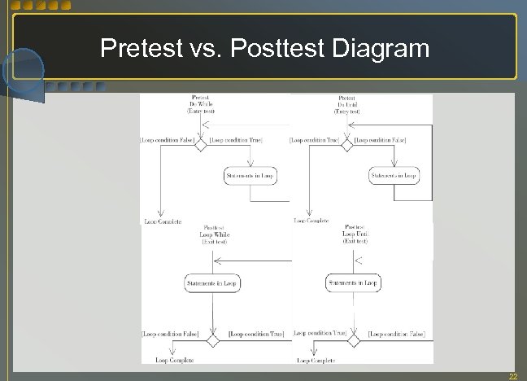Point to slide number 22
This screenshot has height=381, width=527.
coord(512,375)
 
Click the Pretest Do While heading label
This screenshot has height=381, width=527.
coord(200,104)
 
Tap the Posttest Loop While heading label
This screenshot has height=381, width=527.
coord(213,234)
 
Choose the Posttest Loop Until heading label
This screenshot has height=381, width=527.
coord(355,234)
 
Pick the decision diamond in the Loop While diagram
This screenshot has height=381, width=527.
coord(213,339)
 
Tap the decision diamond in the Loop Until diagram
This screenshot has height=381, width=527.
coord(355,339)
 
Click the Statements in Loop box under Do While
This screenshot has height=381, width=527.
coord(250,176)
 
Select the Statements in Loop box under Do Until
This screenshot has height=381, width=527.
coord(394,176)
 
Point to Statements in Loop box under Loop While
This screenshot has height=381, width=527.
coord(213,283)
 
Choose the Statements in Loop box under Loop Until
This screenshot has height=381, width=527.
coord(353,283)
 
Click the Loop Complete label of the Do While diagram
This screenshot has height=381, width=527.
coord(163,221)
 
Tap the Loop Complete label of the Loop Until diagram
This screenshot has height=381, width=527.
coord(316,360)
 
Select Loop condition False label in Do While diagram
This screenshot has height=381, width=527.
coord(168,140)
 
